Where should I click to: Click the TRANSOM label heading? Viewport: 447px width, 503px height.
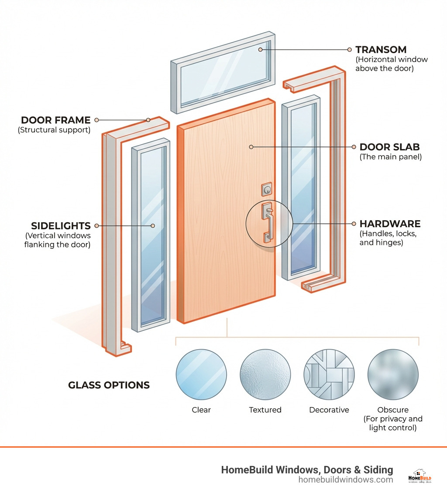tap(381, 50)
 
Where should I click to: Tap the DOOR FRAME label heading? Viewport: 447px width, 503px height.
tap(55, 120)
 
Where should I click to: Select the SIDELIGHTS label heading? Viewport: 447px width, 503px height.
tap(61, 226)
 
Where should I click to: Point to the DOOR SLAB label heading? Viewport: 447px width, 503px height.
tap(389, 147)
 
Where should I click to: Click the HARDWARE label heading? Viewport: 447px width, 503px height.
tap(390, 224)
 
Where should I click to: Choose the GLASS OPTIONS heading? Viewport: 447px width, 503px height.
tap(109, 385)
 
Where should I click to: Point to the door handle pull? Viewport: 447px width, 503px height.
tap(268, 223)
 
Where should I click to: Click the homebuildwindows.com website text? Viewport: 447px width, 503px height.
tap(346, 480)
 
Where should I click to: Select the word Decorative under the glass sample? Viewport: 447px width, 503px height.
tap(329, 410)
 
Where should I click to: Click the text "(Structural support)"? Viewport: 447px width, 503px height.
tap(54, 130)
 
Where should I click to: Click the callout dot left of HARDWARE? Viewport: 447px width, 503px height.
tap(354, 224)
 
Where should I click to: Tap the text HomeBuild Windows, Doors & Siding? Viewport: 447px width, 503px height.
tap(307, 469)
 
